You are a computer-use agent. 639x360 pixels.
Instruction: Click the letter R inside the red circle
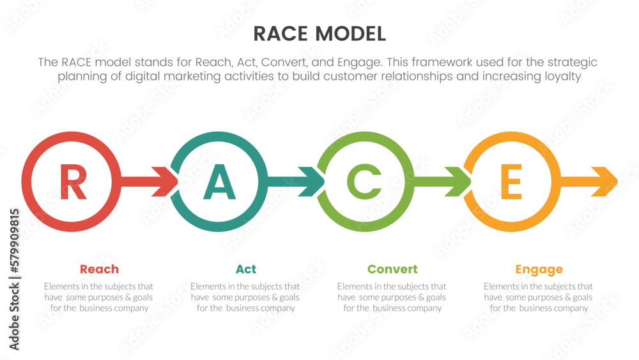pos(72,182)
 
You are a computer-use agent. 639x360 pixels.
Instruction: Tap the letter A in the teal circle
pos(219,182)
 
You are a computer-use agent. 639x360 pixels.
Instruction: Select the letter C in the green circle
pos(364,182)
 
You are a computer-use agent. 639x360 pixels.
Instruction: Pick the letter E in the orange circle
pos(511,182)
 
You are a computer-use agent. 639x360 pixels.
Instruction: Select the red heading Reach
pos(99,269)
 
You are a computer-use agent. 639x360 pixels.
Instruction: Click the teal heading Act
pos(246,269)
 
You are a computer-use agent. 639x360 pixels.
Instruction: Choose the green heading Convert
pos(392,269)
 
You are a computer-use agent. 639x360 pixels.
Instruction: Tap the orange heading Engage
pos(539,269)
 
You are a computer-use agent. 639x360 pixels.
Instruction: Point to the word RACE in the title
pos(279,33)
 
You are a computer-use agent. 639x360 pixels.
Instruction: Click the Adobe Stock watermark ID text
pos(14,279)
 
